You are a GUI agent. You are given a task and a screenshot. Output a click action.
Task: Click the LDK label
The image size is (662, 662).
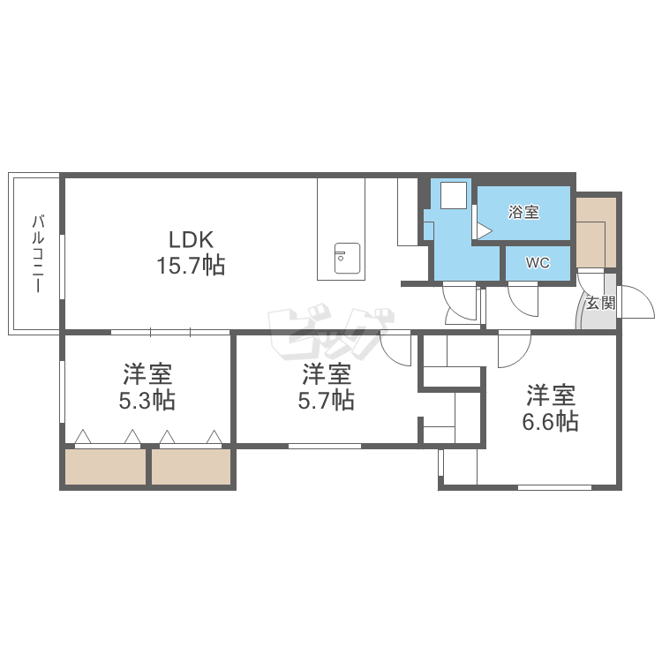click(x=192, y=239)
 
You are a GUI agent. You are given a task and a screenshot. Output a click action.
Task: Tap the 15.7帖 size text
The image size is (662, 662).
click(x=192, y=265)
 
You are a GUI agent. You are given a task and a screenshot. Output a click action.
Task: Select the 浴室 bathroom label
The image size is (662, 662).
click(x=523, y=212)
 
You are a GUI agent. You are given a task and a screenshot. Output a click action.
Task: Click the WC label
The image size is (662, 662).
click(x=538, y=263)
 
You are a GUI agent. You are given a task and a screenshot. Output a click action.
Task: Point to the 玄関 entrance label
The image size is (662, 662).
click(x=599, y=304)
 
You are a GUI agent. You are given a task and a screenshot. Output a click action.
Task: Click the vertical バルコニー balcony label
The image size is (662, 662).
click(x=38, y=253)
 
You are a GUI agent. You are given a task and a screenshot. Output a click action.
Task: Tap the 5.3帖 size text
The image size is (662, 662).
click(x=147, y=400)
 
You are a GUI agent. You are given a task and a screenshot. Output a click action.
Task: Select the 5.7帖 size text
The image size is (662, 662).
click(x=327, y=400)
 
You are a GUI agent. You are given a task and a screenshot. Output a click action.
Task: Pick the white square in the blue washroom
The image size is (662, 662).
click(x=454, y=195)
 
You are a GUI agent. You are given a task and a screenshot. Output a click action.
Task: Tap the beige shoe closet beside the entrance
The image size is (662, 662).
click(x=596, y=231)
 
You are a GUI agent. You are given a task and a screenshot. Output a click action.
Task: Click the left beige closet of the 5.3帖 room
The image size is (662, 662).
click(x=105, y=466)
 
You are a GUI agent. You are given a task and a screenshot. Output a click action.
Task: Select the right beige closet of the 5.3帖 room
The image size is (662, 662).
click(x=191, y=466)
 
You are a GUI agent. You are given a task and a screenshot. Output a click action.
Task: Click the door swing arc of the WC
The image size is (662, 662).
click(x=523, y=297)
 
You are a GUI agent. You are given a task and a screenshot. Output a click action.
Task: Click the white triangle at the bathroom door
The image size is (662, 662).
click(x=483, y=230)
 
